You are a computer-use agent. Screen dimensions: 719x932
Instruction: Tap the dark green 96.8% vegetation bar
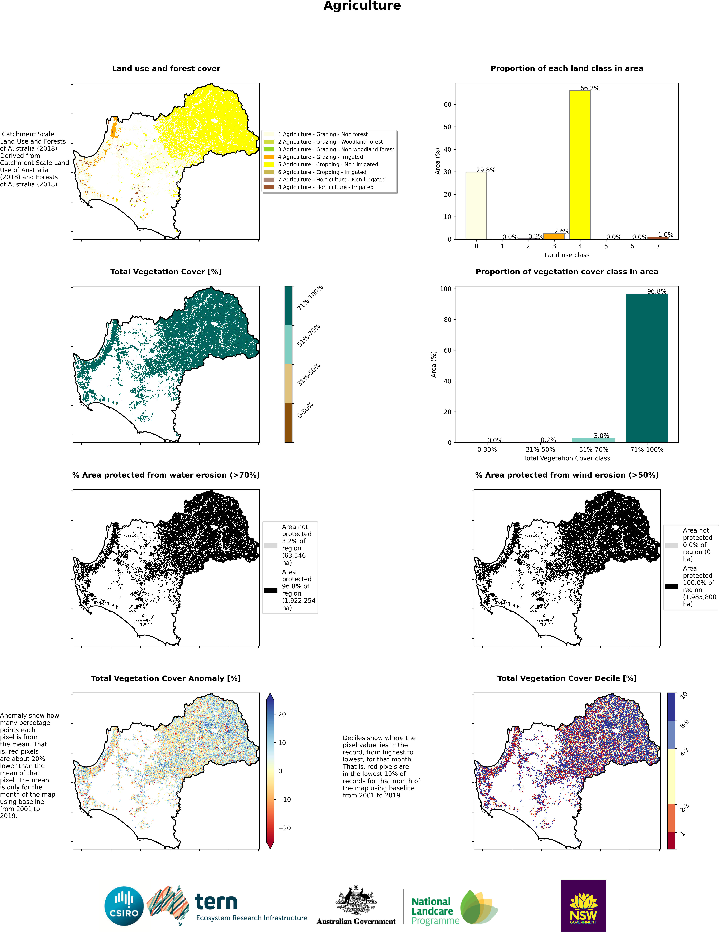point(647,368)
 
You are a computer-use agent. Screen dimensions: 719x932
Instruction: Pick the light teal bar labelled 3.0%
point(594,440)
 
